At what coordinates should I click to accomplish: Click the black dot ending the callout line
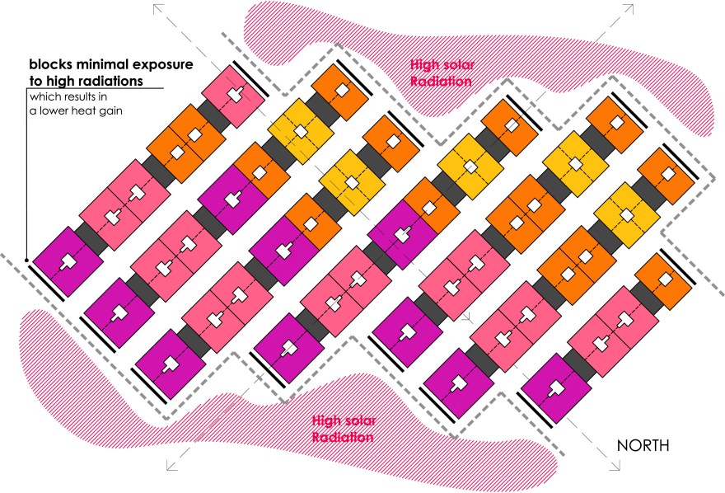(x=27, y=261)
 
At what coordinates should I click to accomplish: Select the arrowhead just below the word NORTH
(x=615, y=467)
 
